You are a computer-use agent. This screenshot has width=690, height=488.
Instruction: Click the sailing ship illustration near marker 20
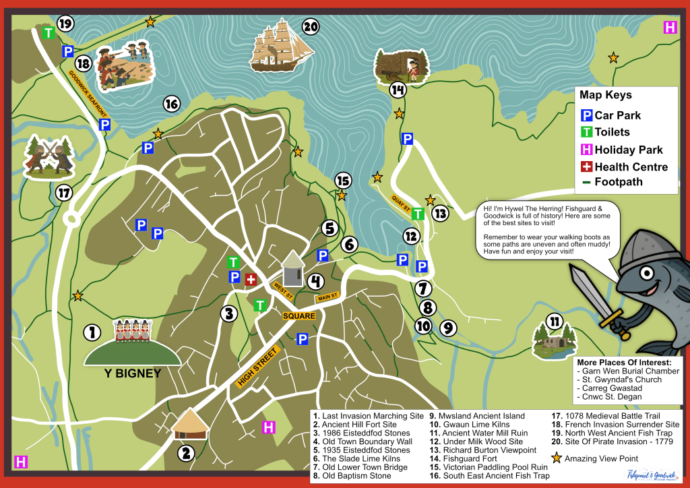coord(282,47)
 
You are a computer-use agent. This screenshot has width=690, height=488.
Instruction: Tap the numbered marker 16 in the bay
coord(171,104)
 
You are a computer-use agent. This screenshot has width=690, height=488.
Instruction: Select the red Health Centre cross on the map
coord(251,279)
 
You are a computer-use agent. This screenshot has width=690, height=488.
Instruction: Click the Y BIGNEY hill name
coord(132,373)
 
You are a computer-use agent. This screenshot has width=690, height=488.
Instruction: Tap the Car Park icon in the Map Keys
coord(586,115)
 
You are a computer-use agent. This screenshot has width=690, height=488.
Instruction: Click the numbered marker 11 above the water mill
coord(554,322)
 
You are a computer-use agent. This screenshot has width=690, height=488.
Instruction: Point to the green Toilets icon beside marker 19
coord(49,32)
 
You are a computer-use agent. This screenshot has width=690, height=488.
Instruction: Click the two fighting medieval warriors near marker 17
coord(48,156)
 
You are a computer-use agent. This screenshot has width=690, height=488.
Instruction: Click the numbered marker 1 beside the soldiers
coord(92,332)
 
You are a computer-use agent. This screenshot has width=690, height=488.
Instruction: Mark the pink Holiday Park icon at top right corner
coord(670,28)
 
